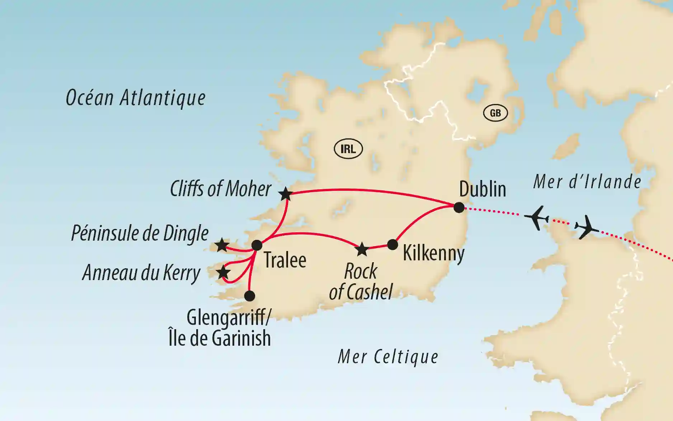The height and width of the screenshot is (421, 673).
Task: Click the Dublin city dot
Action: pos(459,208)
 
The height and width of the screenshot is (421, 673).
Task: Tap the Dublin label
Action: pos(483,189)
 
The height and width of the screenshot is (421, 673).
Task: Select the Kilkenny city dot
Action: pos(393,245)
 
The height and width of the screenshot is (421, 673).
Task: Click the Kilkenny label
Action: pos(433,253)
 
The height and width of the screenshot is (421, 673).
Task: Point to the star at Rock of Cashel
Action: pos(362,249)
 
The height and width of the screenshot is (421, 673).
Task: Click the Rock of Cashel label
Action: pos(361,282)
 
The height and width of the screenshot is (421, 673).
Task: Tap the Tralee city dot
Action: pos(257,245)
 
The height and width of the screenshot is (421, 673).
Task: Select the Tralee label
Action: pos(285,260)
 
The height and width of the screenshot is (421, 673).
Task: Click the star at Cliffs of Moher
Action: pos(286,194)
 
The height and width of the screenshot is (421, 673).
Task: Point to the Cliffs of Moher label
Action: pos(221,189)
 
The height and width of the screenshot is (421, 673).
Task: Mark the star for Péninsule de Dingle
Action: pos(222,246)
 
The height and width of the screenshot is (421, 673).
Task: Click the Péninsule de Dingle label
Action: pos(140,234)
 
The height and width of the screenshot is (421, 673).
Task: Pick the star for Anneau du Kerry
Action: pos(223,273)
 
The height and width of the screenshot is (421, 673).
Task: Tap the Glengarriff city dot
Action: pos(249,296)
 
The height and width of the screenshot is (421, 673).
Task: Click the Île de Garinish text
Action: pos(220,338)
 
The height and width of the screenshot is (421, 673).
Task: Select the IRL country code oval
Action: pos(348,149)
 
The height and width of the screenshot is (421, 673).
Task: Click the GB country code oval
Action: pos(495,113)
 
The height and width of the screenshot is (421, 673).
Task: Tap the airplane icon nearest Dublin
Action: pos(537,218)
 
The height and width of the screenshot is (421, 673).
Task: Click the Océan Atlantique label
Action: pos(136,98)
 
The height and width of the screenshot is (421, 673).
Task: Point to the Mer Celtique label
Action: pos(388,357)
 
